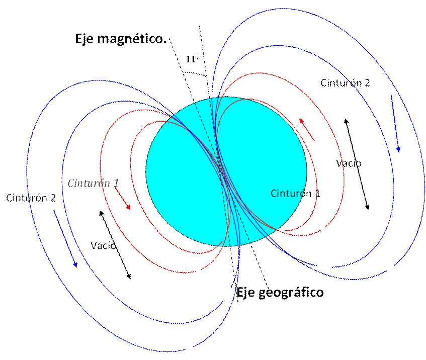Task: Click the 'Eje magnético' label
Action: pos(120,39)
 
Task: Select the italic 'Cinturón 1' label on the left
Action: pos(93,183)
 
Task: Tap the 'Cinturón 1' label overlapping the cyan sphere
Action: pos(294,194)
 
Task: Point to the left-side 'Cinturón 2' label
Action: pos(31,198)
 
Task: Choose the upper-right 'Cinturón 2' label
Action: pos(346,83)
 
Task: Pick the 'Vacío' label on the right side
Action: pos(348,164)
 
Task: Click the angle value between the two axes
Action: pos(193,59)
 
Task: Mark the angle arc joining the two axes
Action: pos(196,73)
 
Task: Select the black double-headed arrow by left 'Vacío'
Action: pos(116,244)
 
